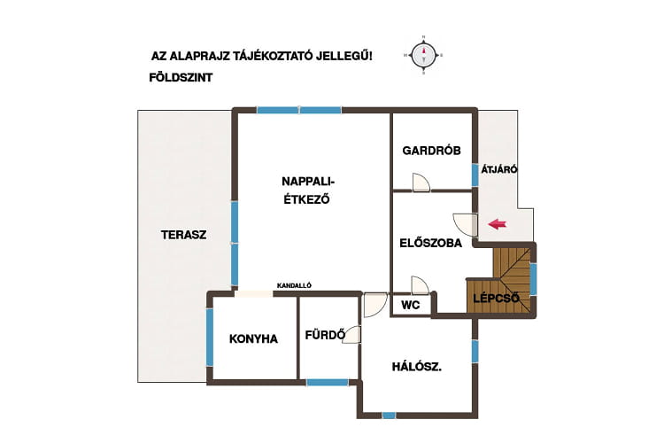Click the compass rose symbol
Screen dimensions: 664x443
(x=423, y=55)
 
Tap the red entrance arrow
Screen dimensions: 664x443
(x=498, y=224)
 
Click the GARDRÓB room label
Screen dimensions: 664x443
(x=431, y=151)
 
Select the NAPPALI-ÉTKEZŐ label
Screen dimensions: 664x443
(x=308, y=190)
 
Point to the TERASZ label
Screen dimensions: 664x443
(x=184, y=235)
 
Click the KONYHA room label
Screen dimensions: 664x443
(x=254, y=339)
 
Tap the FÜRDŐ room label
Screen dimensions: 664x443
(x=325, y=335)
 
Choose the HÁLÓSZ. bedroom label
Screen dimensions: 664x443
(x=417, y=367)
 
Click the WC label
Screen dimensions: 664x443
(x=410, y=305)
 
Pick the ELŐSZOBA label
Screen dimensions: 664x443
(x=430, y=243)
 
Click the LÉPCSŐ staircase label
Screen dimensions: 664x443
(x=497, y=298)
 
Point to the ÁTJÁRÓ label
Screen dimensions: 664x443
(x=499, y=169)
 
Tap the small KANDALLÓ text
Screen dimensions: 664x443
(x=294, y=285)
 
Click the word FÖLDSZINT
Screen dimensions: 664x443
(x=181, y=78)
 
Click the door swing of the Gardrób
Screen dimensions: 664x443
(x=421, y=183)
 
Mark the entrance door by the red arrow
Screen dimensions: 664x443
(x=465, y=224)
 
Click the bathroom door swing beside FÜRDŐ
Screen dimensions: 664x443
(x=351, y=335)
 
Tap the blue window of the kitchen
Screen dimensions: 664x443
(x=209, y=337)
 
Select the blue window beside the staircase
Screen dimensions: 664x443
(x=533, y=279)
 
